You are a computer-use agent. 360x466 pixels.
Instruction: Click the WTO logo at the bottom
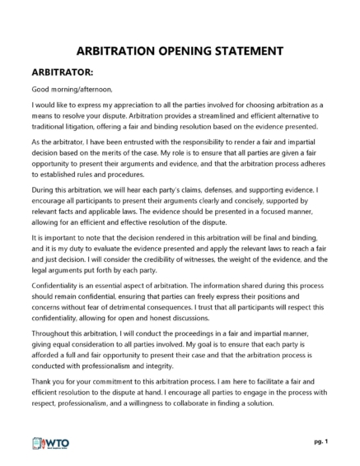[x=50, y=443]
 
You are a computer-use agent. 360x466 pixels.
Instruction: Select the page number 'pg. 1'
[x=320, y=443]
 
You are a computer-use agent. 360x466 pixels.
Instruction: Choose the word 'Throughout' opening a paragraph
[x=53, y=330]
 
